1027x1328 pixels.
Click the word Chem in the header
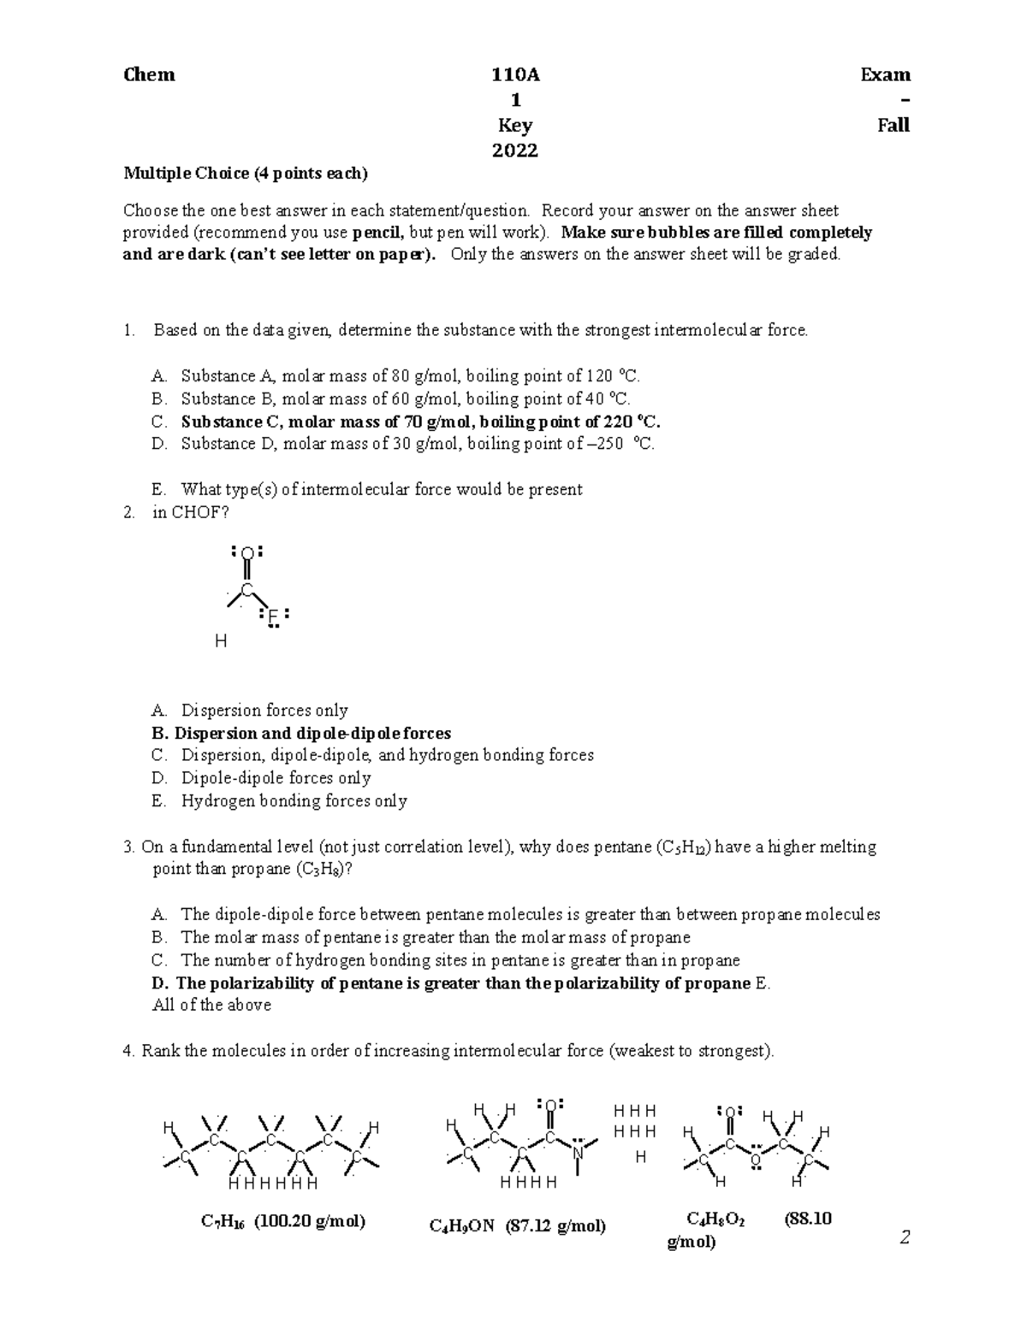coord(150,75)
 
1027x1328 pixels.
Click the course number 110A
coord(515,75)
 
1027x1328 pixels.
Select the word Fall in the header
coord(893,126)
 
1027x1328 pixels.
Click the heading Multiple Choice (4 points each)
coord(246,174)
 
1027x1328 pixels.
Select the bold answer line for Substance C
coord(420,422)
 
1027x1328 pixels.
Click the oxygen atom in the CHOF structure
coord(246,553)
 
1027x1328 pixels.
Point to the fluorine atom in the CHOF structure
coord(273,617)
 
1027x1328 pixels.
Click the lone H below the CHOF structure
coord(221,640)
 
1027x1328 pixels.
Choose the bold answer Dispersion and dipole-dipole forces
coord(301,734)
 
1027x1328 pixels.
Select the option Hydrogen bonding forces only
coord(294,801)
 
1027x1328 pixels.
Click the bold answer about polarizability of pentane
coord(451,983)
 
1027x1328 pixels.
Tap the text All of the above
coord(211,1006)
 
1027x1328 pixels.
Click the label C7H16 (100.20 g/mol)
coord(283,1221)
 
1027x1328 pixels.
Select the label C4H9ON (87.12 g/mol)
coord(518,1226)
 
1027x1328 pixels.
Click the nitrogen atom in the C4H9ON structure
coord(579,1154)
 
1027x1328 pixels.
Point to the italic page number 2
coord(905,1237)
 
